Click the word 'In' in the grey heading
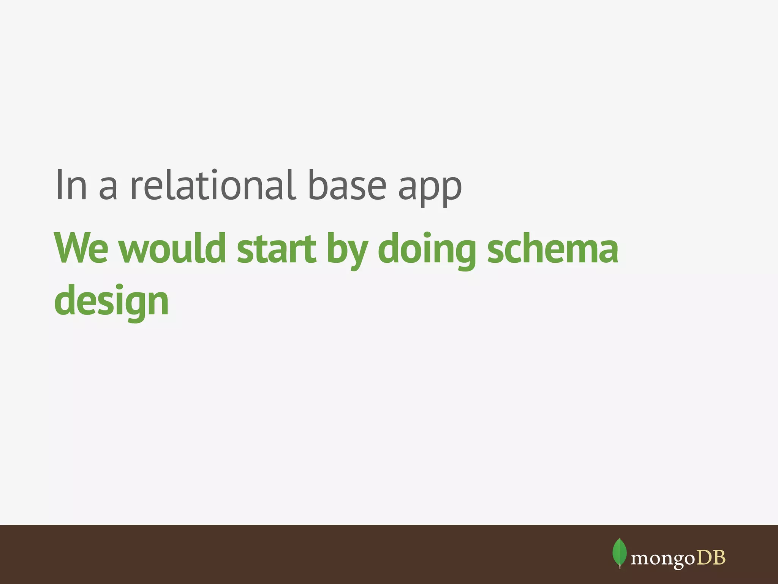click(71, 185)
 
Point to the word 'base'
click(346, 185)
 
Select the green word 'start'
click(276, 249)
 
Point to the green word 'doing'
click(427, 251)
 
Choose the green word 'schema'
click(553, 249)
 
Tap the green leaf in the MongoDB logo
click(620, 551)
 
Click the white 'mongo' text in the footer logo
click(663, 559)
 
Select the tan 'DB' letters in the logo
click(711, 557)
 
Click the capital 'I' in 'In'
click(59, 185)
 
